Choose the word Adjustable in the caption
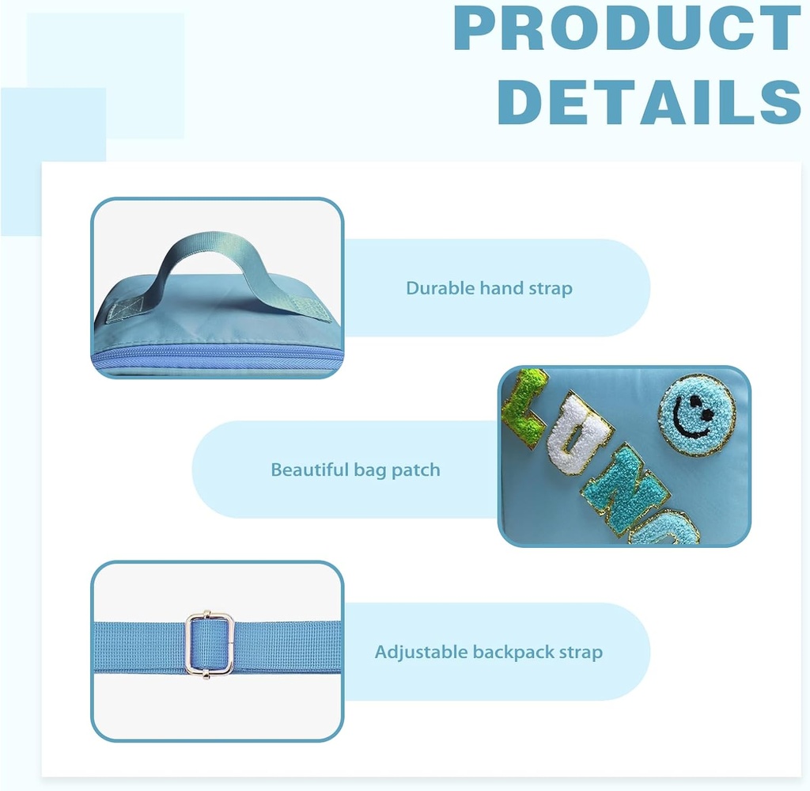421,652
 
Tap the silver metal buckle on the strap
210,643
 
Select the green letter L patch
524,407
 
